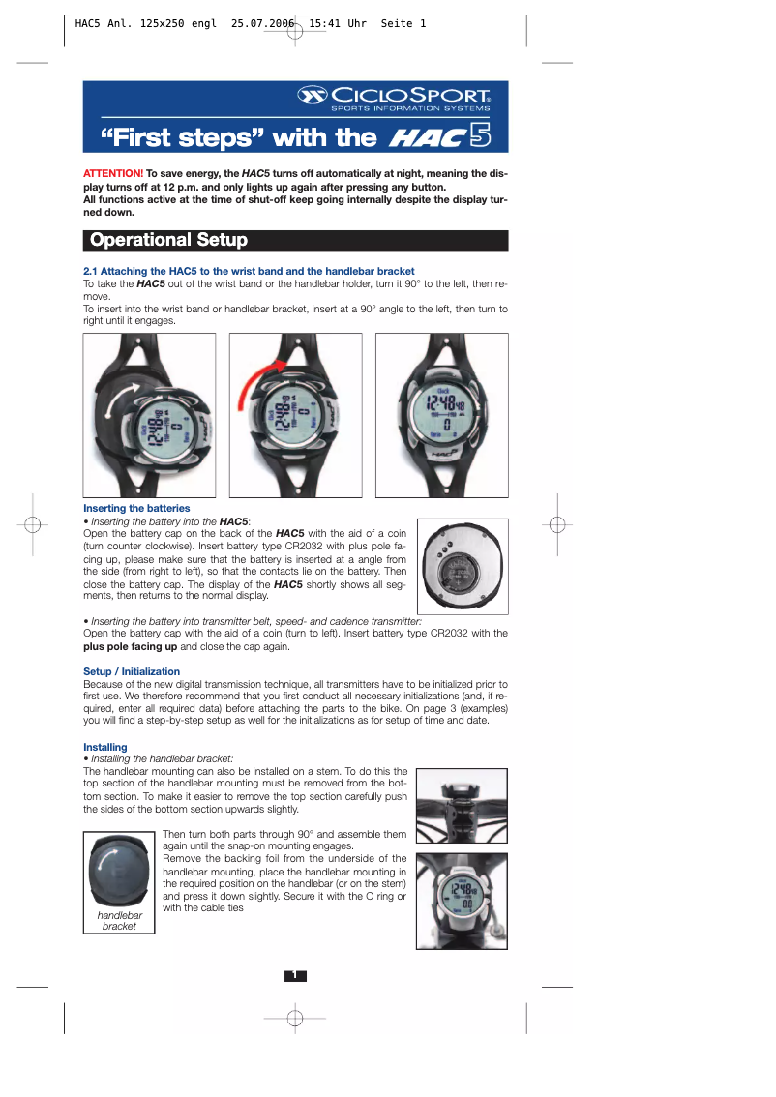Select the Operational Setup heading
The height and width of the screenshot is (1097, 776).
pyautogui.click(x=168, y=240)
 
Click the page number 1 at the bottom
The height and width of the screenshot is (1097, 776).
pyautogui.click(x=295, y=975)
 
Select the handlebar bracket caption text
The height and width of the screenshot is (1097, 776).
pyautogui.click(x=120, y=920)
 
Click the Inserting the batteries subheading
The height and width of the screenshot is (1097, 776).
pyautogui.click(x=136, y=508)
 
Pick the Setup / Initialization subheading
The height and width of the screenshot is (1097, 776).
pyautogui.click(x=132, y=671)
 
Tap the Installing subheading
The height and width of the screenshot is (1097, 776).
pyautogui.click(x=105, y=747)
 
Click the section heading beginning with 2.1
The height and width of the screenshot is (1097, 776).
pyautogui.click(x=249, y=271)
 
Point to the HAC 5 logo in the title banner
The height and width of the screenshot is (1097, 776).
pyautogui.click(x=439, y=136)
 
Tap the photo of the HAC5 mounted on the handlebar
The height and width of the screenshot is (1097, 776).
pyautogui.click(x=462, y=901)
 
